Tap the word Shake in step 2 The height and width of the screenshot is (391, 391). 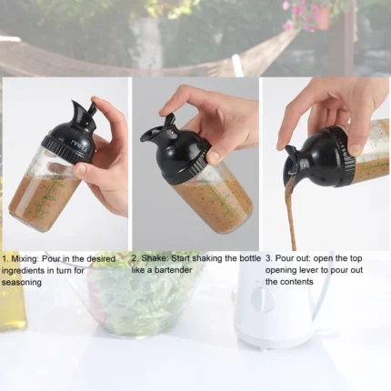pyautogui.click(x=157, y=258)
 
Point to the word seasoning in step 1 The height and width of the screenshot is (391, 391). pyautogui.click(x=23, y=282)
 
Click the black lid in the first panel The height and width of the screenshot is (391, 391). pyautogui.click(x=72, y=135)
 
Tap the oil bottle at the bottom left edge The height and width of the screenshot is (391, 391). pyautogui.click(x=8, y=300)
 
